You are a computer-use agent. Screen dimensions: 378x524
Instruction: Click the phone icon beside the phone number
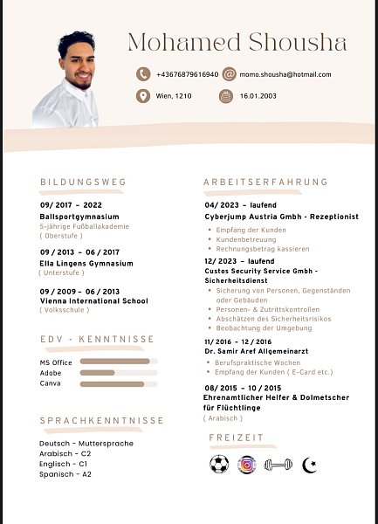tap(143, 74)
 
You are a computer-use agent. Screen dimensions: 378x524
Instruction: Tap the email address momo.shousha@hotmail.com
tap(286, 74)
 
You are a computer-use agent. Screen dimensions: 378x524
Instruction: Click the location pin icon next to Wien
tap(143, 96)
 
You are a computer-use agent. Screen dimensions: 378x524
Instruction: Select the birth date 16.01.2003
tap(259, 96)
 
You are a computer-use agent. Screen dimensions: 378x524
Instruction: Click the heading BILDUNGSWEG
tap(83, 182)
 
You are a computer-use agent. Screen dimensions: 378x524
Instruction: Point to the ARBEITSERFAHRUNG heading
tap(265, 182)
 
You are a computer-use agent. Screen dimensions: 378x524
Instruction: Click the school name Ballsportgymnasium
tap(79, 216)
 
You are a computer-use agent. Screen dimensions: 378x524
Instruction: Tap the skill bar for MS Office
tap(118, 361)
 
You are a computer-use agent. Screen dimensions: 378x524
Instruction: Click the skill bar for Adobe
tap(118, 372)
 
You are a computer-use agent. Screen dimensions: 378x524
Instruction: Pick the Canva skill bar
tap(118, 383)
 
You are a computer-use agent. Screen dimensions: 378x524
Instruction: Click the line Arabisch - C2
tap(66, 454)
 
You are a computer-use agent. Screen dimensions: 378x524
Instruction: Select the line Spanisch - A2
tap(65, 474)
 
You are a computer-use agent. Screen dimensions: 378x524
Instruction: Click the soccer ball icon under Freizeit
tap(219, 465)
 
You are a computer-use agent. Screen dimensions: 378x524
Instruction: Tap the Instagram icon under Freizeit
tap(247, 465)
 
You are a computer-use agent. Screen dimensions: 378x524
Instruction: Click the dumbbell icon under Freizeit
tap(277, 465)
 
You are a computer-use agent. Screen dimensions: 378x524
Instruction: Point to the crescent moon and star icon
tap(308, 465)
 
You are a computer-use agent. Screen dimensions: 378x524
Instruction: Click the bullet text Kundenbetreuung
tap(245, 239)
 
